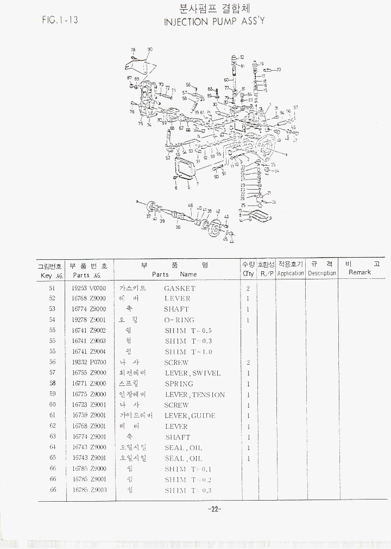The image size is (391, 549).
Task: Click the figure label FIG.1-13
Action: coord(60,20)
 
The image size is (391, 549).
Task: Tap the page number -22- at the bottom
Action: coord(213,509)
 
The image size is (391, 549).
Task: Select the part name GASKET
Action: coord(179,288)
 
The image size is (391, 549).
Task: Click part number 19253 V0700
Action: coord(89,288)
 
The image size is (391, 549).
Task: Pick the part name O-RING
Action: coord(179,320)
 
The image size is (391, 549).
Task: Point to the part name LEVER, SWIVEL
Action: coord(193,373)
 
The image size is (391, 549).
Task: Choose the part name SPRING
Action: coord(179,384)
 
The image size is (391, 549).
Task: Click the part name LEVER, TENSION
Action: coord(194,395)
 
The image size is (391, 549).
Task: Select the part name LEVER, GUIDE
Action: coord(190,416)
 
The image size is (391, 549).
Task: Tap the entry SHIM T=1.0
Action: coord(188,352)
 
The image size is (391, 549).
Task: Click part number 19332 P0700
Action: coord(89,363)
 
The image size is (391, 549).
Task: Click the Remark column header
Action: coord(360,272)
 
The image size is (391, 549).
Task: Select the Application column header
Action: coord(291,273)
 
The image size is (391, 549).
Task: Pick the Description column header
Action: coord(322,273)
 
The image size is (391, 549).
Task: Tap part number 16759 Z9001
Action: coord(89,416)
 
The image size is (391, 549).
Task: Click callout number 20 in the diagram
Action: coord(279,70)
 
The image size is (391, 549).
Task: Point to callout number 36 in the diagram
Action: coord(178,227)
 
